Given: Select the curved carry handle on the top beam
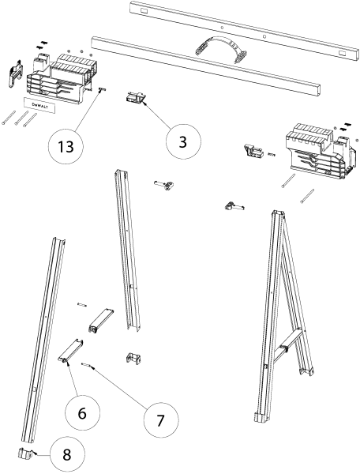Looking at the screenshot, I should click(222, 46).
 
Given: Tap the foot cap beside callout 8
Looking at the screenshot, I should click(26, 454).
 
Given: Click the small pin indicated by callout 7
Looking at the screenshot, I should click(93, 365).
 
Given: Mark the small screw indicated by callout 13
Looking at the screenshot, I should click(103, 90).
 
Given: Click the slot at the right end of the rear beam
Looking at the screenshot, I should click(345, 52).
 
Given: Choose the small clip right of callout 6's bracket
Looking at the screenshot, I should click(131, 359).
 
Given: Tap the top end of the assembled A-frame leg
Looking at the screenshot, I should click(279, 215).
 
